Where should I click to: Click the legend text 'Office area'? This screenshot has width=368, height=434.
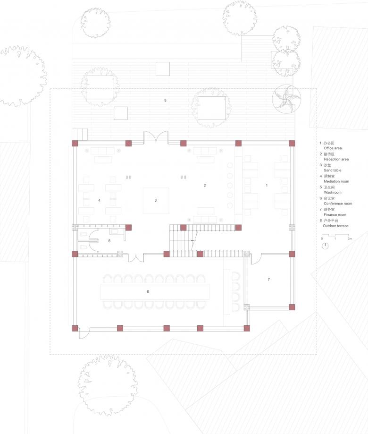[333, 148]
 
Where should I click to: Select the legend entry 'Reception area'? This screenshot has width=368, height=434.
[336, 159]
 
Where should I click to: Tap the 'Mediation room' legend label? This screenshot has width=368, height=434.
[336, 181]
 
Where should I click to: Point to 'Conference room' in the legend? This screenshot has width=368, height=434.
[338, 204]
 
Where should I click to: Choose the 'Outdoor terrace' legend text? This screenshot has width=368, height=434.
[335, 226]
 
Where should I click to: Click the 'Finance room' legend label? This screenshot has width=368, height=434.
[335, 214]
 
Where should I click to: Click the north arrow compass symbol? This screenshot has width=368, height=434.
[325, 246]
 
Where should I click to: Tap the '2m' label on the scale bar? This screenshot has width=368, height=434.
[350, 238]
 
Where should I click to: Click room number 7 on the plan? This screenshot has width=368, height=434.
[269, 280]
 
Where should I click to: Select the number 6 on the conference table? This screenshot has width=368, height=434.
[148, 291]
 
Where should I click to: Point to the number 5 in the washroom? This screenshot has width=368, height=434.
[109, 241]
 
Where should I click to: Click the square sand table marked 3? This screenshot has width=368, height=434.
[156, 201]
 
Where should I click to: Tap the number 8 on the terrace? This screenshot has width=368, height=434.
[165, 100]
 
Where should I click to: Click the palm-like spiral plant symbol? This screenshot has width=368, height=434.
[286, 99]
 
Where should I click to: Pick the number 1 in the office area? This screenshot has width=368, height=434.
[267, 186]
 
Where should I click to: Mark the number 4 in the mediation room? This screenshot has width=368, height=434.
[99, 200]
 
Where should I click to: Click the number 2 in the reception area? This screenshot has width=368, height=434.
[205, 186]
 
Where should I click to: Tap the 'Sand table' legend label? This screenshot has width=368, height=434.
[332, 170]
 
